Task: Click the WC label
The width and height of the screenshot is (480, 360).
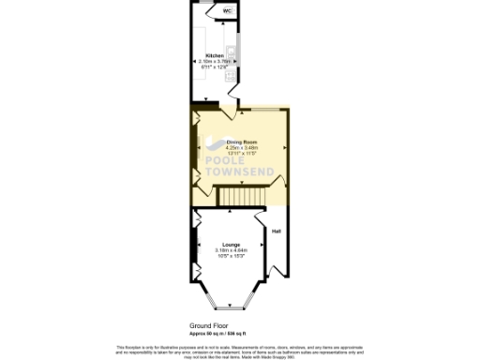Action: click(227, 11)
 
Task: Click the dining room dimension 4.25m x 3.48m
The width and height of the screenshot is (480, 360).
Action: click(241, 147)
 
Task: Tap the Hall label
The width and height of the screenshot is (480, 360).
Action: click(277, 231)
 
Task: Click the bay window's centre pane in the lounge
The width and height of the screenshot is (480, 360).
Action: click(229, 308)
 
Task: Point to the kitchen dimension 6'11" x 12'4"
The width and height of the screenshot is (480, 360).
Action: click(215, 67)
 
